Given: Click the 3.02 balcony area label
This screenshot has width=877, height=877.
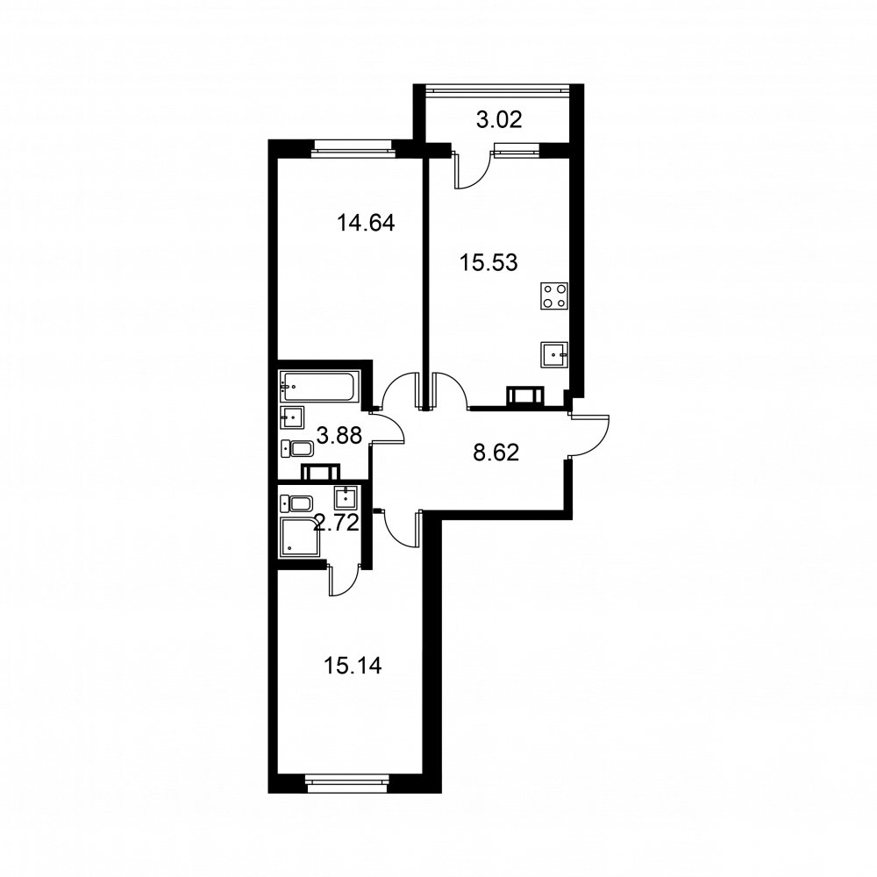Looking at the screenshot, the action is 499,119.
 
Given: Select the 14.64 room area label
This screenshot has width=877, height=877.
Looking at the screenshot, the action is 366,223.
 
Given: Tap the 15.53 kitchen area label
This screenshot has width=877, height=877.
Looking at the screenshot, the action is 488,262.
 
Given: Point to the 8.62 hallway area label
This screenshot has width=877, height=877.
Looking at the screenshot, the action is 496,453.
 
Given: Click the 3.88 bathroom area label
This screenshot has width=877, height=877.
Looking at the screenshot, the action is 339,435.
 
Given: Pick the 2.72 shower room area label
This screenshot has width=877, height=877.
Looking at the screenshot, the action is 336,523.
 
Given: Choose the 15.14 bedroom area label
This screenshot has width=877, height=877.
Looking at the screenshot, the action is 353,667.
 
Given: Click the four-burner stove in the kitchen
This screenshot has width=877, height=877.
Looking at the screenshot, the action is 554,296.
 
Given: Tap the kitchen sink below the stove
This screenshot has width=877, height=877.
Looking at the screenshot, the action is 554,354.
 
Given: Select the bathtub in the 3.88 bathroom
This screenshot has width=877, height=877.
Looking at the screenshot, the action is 317,387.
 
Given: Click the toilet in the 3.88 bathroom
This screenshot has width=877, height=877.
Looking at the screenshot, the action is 296,449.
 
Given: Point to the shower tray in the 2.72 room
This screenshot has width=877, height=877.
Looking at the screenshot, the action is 303,538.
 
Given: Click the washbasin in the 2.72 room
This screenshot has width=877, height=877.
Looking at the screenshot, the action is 346,497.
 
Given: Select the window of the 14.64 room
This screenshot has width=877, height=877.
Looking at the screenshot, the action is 353,146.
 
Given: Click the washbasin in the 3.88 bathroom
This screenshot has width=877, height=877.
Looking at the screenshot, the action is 292,417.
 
